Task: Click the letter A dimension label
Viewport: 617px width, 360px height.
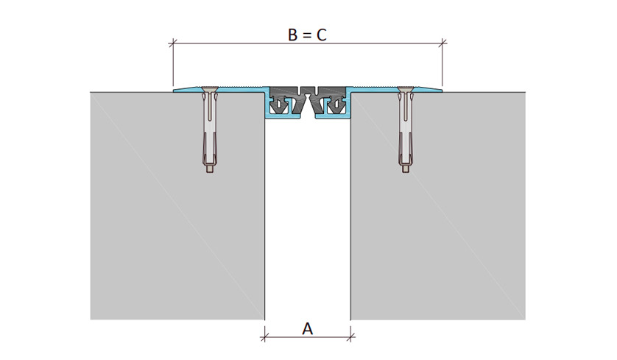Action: click(x=307, y=328)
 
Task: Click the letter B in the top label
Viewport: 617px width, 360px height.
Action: click(x=293, y=35)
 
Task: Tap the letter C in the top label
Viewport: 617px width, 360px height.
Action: click(x=322, y=35)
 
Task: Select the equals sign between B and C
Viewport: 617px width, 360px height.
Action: click(x=307, y=35)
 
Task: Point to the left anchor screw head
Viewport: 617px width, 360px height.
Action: click(x=209, y=90)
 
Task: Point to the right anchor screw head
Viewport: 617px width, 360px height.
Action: click(x=405, y=90)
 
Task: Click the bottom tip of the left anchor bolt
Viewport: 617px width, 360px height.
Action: click(x=210, y=172)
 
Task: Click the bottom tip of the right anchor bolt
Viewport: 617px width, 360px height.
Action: click(x=405, y=172)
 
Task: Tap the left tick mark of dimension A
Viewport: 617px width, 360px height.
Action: click(x=264, y=336)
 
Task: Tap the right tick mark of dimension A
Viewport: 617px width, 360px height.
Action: click(x=350, y=336)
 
